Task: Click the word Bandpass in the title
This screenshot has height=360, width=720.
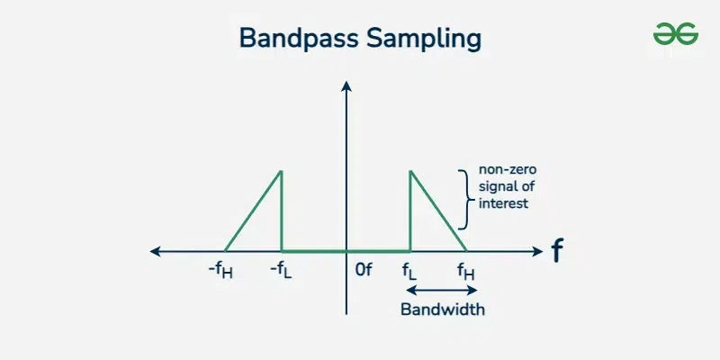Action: point(299,38)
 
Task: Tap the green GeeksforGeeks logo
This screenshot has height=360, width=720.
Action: point(676,34)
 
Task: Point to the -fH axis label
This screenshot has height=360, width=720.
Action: point(220,271)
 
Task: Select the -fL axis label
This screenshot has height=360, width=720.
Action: point(281,271)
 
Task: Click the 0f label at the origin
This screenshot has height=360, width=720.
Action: point(364,270)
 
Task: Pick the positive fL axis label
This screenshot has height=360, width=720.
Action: point(409,271)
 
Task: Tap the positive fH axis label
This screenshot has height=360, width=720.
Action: point(466,271)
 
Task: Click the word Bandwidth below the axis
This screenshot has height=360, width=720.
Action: point(443,309)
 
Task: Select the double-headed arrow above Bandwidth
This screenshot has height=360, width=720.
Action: point(442,290)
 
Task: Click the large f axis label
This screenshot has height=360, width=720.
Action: point(557,250)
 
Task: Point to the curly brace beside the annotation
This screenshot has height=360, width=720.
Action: point(464,199)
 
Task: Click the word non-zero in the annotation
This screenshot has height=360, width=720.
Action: point(508,169)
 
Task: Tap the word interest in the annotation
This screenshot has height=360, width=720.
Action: point(504,203)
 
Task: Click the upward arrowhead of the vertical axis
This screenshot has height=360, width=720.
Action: point(346,85)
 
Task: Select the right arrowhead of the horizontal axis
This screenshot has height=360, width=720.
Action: point(537,251)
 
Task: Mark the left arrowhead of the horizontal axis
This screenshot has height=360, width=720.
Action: point(155,251)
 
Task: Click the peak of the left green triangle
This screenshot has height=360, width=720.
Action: point(281,171)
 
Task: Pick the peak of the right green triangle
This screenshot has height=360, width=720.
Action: point(410,171)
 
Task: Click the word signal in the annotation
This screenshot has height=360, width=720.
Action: point(497,187)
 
